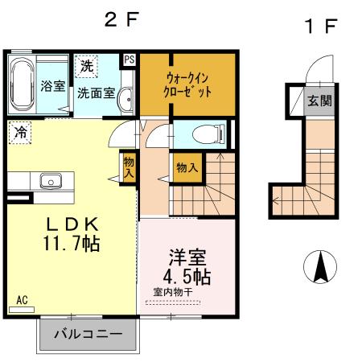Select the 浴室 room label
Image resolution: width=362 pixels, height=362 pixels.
click(53, 85)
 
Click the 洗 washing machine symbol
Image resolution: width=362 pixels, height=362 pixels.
click(86, 64)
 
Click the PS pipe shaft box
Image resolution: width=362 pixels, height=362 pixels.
click(130, 60)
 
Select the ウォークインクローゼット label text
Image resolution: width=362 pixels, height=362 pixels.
click(188, 84)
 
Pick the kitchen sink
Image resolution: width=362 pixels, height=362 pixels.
click(51, 181)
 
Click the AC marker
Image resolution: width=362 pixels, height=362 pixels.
click(22, 300)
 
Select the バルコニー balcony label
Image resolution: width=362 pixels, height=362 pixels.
click(88, 333)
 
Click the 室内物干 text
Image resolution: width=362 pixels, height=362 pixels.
click(171, 292)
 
